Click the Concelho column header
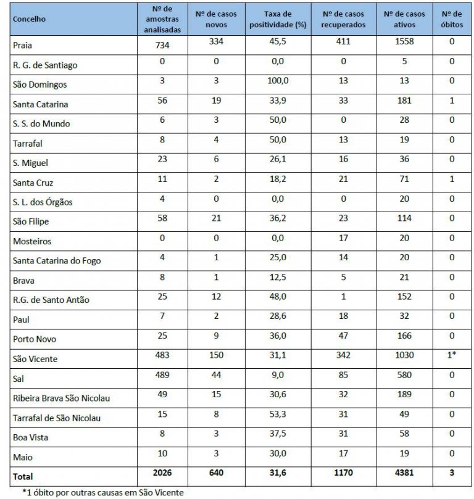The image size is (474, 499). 28,20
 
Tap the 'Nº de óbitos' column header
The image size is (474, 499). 452,20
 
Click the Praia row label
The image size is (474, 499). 22,46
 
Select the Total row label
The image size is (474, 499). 23,476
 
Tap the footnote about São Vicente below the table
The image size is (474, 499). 102,492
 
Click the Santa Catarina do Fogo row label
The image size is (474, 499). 57,261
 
